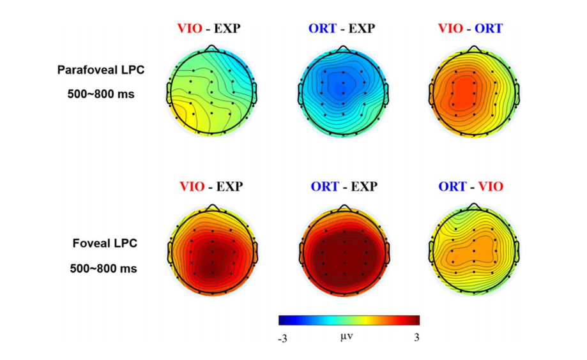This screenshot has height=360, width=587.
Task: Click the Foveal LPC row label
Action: [103, 244]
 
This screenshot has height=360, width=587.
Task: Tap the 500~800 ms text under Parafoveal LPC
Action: [102, 93]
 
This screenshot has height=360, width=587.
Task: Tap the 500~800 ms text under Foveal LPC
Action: [103, 268]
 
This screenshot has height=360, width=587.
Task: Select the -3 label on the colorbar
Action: [282, 338]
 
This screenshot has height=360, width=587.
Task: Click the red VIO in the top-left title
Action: [191, 28]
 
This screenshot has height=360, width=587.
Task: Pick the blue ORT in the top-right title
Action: [487, 28]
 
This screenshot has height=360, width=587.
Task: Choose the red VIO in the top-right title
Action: [451, 28]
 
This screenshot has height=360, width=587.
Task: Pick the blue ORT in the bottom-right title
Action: [452, 187]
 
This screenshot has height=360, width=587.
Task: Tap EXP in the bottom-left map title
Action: [229, 187]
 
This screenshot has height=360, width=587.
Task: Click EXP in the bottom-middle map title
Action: [363, 187]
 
